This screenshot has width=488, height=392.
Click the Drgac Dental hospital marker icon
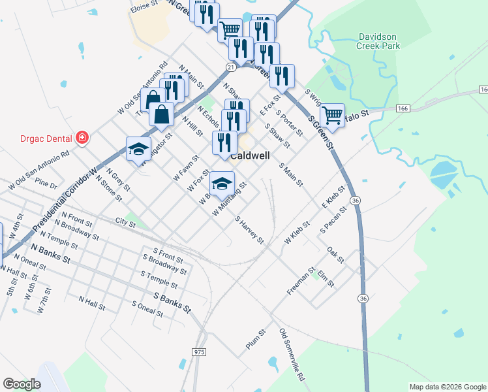click(x=82, y=138)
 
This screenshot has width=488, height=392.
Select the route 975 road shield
click(x=200, y=352)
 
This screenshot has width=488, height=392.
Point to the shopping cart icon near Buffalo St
click(x=333, y=116)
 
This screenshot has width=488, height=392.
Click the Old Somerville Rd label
click(x=292, y=355)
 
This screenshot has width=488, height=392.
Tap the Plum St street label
click(x=256, y=340)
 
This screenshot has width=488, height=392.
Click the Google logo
click(x=22, y=384)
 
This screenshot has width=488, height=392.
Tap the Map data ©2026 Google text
click(x=447, y=387)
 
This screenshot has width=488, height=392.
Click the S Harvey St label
click(x=249, y=231)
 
